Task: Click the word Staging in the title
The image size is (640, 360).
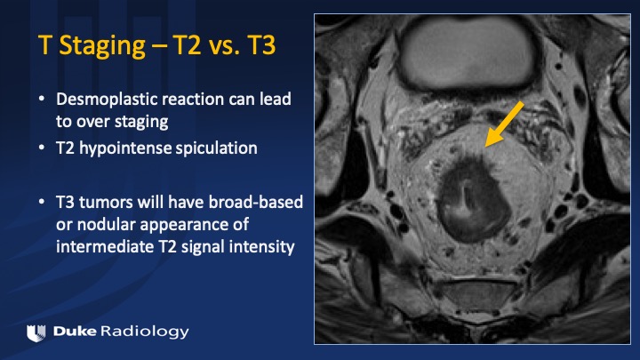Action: tap(102, 45)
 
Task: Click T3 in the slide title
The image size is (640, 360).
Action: tap(261, 44)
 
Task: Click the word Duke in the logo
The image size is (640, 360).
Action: tap(75, 331)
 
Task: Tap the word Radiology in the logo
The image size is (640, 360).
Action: tap(145, 332)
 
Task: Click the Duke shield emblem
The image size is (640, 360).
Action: tap(36, 332)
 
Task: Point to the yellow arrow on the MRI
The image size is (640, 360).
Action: tap(505, 124)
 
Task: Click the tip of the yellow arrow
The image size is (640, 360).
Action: tap(485, 146)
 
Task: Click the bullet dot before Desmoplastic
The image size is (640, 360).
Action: tap(42, 99)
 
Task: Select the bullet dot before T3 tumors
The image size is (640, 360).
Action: tap(42, 202)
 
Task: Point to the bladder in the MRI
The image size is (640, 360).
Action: tap(468, 52)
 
